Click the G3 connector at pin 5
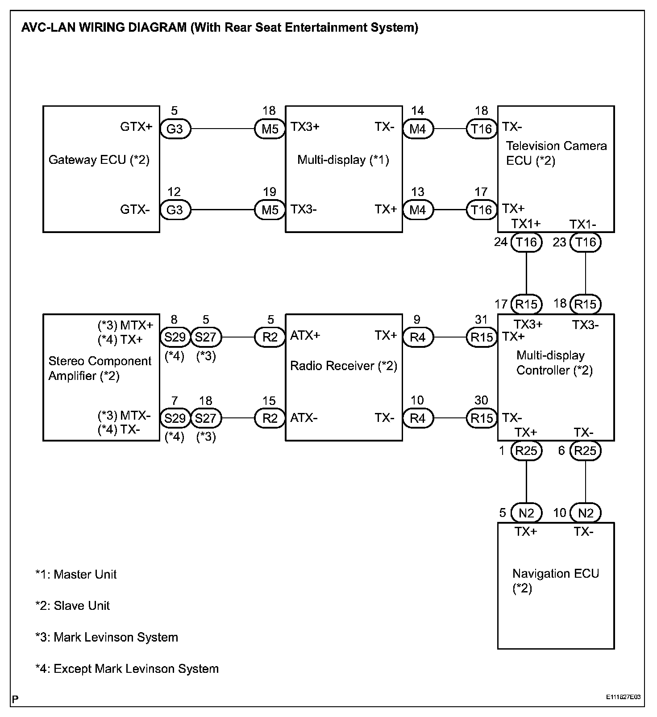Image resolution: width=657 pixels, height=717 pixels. click(x=175, y=129)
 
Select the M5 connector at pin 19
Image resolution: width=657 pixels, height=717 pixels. click(x=270, y=210)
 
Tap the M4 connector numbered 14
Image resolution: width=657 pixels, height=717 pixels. click(x=417, y=129)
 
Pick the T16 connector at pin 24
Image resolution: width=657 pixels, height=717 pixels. click(x=526, y=242)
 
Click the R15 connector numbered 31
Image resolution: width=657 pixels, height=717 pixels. click(x=482, y=337)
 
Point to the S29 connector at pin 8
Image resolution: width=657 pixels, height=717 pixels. click(x=175, y=337)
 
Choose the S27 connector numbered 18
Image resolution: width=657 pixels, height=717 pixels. click(x=206, y=418)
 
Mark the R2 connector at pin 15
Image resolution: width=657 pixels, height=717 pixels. click(x=270, y=418)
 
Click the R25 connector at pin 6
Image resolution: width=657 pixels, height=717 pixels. click(x=585, y=451)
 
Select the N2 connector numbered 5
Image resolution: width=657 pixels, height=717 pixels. click(x=526, y=513)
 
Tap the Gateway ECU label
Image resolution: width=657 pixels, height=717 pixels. click(x=99, y=160)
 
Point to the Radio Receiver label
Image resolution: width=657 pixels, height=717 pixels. click(x=343, y=366)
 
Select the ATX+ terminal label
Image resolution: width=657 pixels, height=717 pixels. click(x=305, y=336)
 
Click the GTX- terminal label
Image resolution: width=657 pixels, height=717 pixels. click(x=135, y=209)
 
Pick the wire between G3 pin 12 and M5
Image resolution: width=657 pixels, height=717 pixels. click(x=222, y=210)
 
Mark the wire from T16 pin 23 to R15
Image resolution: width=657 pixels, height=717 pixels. click(x=585, y=273)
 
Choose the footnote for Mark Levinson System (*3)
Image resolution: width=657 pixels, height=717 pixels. click(x=107, y=637)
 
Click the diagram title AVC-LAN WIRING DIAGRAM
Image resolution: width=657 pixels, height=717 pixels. click(x=220, y=28)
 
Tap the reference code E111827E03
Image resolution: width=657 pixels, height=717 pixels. click(x=623, y=697)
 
